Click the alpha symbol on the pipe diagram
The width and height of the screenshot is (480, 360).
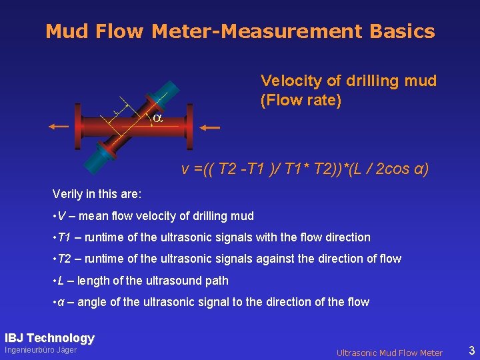click(x=157, y=118)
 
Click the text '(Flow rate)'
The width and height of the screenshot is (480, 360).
click(x=301, y=101)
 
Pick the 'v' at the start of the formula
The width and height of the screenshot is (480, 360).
click(x=185, y=169)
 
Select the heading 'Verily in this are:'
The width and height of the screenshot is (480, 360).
click(x=97, y=194)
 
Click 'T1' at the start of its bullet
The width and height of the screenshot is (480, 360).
click(x=64, y=237)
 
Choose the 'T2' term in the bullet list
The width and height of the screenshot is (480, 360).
click(x=64, y=259)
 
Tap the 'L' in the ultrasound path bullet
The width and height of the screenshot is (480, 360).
click(x=61, y=281)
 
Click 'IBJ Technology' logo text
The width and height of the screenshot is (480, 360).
click(x=50, y=338)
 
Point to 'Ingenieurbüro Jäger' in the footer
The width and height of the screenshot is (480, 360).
click(x=41, y=351)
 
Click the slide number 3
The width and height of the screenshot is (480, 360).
click(x=471, y=350)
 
